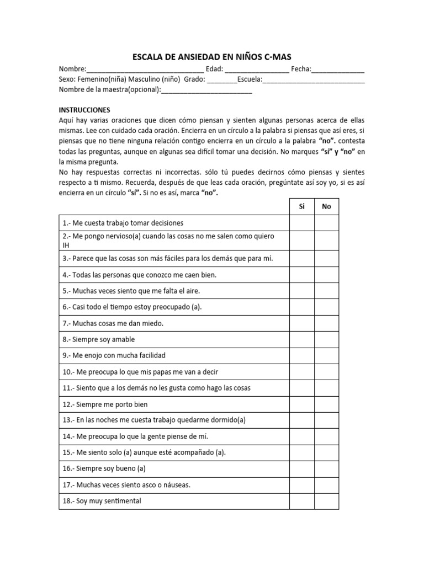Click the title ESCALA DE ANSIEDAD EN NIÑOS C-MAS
coord(212,57)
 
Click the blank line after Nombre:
coord(145,70)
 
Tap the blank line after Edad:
coord(256,70)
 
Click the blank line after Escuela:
coord(314,80)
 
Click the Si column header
coord(302,206)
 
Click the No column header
coord(326,206)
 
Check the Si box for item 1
coord(302,223)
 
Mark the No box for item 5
coord(326,291)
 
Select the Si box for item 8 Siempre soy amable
coord(302,339)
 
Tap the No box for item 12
coord(326,404)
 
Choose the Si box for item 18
coord(302,501)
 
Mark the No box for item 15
coord(326,452)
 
